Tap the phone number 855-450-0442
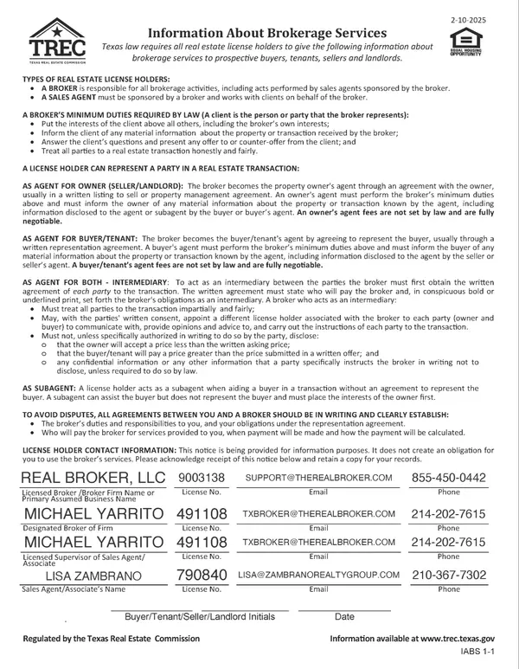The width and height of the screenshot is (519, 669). point(449,478)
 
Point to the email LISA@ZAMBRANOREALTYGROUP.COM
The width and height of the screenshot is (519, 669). point(318,575)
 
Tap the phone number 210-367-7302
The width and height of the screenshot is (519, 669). point(449,575)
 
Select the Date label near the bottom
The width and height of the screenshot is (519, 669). point(344,617)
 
